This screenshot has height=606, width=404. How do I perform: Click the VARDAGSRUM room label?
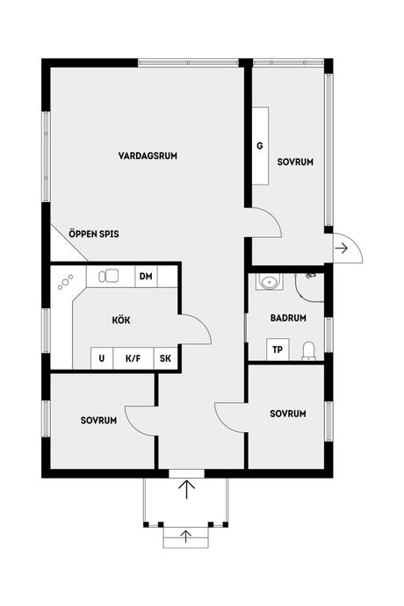pyautogui.click(x=148, y=155)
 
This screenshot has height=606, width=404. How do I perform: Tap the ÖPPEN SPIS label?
pyautogui.click(x=94, y=234)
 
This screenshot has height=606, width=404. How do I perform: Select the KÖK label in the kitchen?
pyautogui.click(x=121, y=321)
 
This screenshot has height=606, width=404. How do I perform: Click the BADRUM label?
pyautogui.click(x=288, y=318)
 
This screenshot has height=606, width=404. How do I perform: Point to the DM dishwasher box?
pyautogui.click(x=146, y=277)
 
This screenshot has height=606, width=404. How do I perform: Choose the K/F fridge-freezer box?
pyautogui.click(x=133, y=358)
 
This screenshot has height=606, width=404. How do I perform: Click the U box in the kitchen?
pyautogui.click(x=102, y=358)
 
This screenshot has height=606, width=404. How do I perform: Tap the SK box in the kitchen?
pyautogui.click(x=165, y=358)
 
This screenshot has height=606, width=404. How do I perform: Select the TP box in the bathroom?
pyautogui.click(x=278, y=350)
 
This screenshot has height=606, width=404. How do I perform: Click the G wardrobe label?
pyautogui.click(x=260, y=146)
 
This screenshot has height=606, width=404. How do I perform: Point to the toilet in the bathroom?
pyautogui.click(x=308, y=350)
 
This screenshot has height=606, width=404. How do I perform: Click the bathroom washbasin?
pyautogui.click(x=269, y=282)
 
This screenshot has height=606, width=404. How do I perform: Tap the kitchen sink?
pyautogui.click(x=109, y=277)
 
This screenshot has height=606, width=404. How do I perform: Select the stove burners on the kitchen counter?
pyautogui.click(x=65, y=283)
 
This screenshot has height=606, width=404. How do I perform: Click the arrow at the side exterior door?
pyautogui.click(x=342, y=249)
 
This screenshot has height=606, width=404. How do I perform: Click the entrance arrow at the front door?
pyautogui.click(x=186, y=489)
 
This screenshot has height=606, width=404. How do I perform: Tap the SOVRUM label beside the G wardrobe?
pyautogui.click(x=295, y=162)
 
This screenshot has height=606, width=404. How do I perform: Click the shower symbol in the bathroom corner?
pyautogui.click(x=309, y=287)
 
